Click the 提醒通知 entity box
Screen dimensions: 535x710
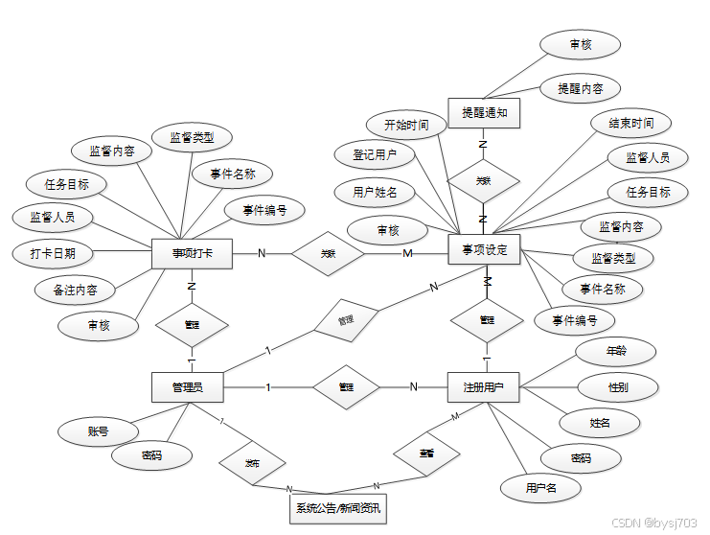click(x=484, y=113)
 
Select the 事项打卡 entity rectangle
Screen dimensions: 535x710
click(x=193, y=253)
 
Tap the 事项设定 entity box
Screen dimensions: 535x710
click(x=484, y=250)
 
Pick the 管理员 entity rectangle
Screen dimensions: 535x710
click(x=188, y=387)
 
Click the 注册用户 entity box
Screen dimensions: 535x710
click(x=484, y=387)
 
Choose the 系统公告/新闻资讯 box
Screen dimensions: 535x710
click(x=338, y=508)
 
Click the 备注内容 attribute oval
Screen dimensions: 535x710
click(x=73, y=289)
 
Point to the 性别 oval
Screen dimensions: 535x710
click(x=618, y=387)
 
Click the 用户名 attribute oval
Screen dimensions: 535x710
click(x=540, y=488)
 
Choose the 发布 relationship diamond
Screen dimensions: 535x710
click(x=253, y=462)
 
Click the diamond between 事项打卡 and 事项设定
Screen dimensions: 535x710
click(x=328, y=254)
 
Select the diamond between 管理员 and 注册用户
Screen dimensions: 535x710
click(x=347, y=387)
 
